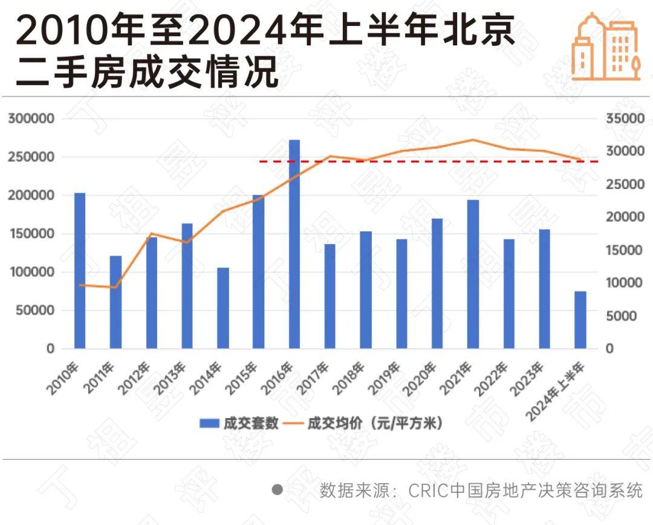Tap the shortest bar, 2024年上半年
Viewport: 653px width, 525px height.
(580, 320)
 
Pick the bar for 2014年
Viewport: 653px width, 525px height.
(223, 308)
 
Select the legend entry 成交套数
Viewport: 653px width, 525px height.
(239, 423)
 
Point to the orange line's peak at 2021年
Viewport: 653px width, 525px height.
(473, 140)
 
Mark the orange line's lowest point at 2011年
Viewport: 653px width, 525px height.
(115, 288)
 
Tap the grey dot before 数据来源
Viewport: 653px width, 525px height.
(278, 490)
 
